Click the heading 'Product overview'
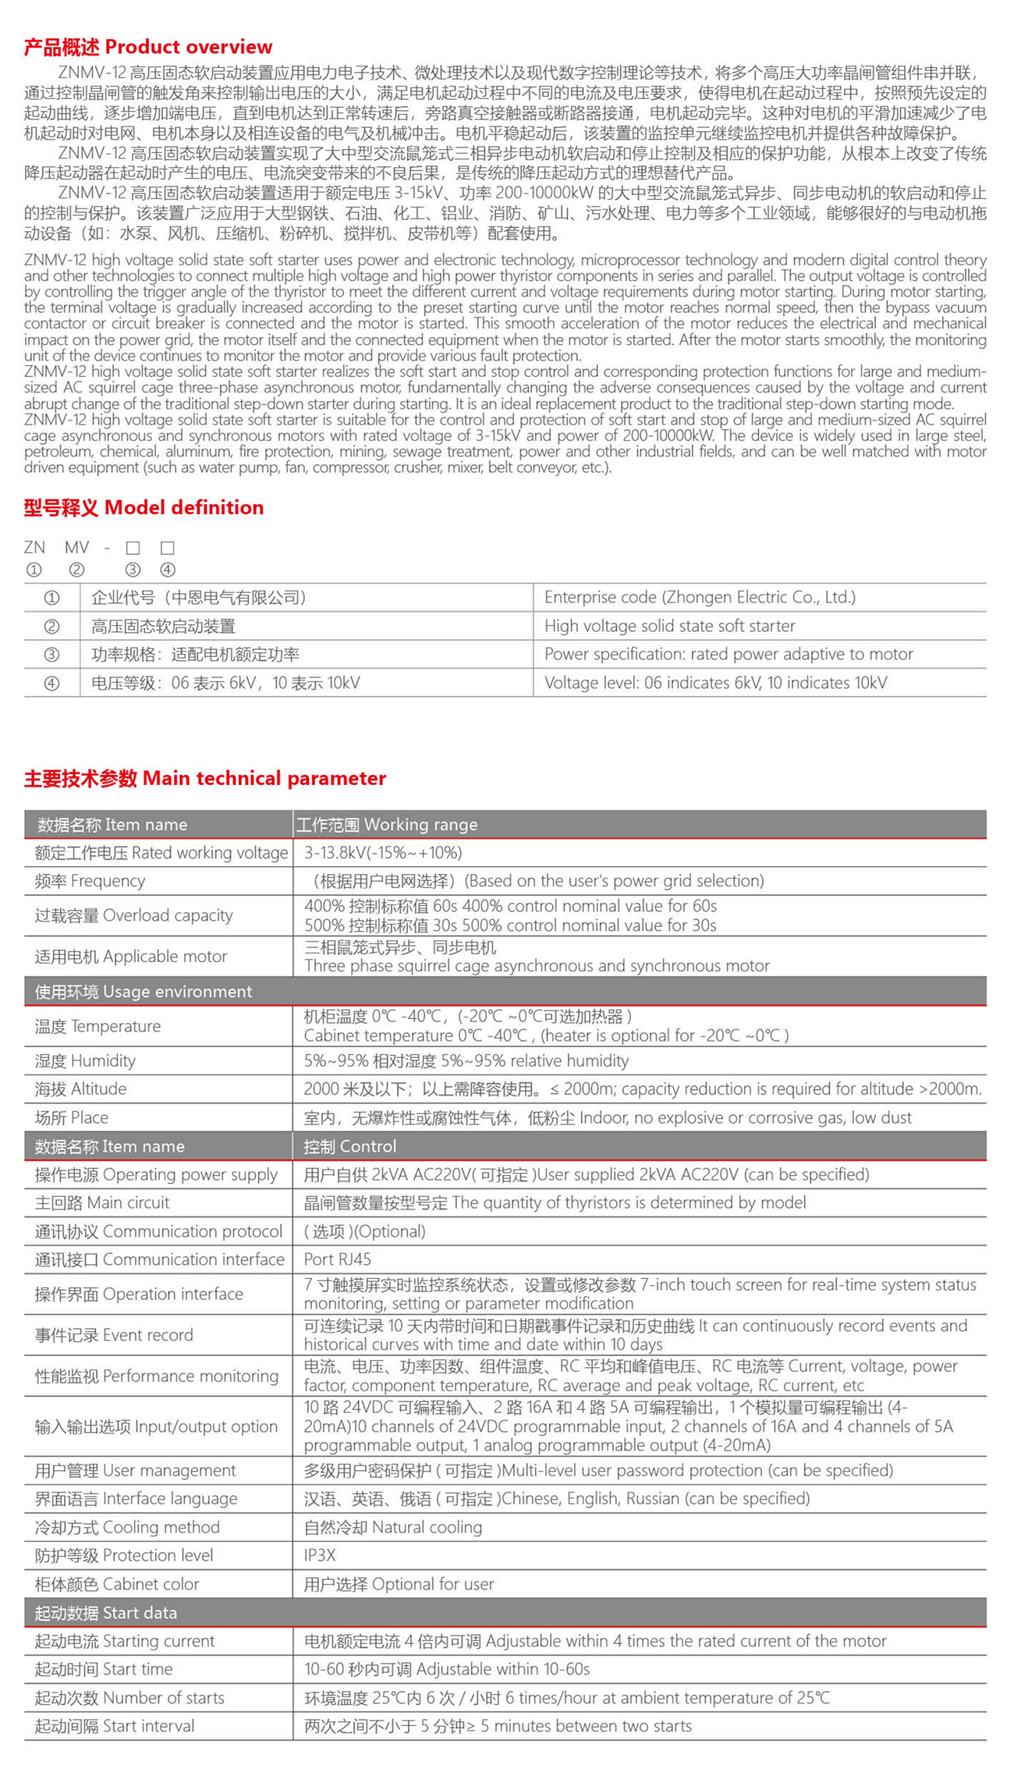pos(148,47)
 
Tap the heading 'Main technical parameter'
pos(205,778)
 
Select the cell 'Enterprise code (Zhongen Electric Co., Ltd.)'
pos(700,598)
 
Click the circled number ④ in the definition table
pos(51,684)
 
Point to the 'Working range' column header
pos(387,825)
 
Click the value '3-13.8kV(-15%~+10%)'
pos(383,853)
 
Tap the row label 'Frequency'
pos(90,881)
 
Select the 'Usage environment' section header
pos(144,992)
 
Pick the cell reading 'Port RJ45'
pos(337,1259)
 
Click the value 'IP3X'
pos(320,1555)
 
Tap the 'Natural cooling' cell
pos(393,1527)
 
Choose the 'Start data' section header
pos(106,1613)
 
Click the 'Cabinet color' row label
pos(117,1584)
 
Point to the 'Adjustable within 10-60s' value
pos(447,1669)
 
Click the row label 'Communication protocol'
pos(158,1231)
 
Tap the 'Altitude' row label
pos(80,1089)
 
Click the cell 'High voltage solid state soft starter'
pos(669,626)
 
